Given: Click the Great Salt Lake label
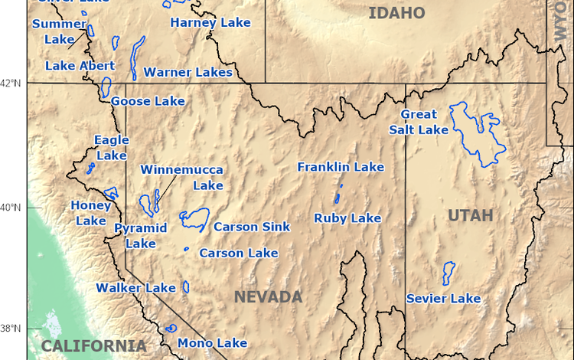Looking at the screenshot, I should point(424,123).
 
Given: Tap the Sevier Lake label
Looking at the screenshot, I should point(443,298).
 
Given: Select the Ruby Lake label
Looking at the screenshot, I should point(347,218).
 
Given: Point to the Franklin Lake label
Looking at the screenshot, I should point(341,167).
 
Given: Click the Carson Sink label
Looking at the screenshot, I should point(252,227).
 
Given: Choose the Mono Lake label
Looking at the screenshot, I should point(212,343).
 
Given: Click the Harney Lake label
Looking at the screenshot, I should point(210,23).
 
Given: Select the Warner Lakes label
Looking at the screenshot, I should point(188,73).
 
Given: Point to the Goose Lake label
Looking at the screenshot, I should point(148,101).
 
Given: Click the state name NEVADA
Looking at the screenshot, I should point(268,297).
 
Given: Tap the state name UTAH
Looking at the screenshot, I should point(471,216).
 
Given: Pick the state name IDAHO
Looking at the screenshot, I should point(396,12).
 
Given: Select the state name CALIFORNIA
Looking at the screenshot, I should point(93,346).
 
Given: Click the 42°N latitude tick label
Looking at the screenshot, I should point(14,83).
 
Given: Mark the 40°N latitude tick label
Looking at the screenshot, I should point(14,208).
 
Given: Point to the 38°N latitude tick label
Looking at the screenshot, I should point(14,329).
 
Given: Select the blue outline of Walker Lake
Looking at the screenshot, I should point(184,287).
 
